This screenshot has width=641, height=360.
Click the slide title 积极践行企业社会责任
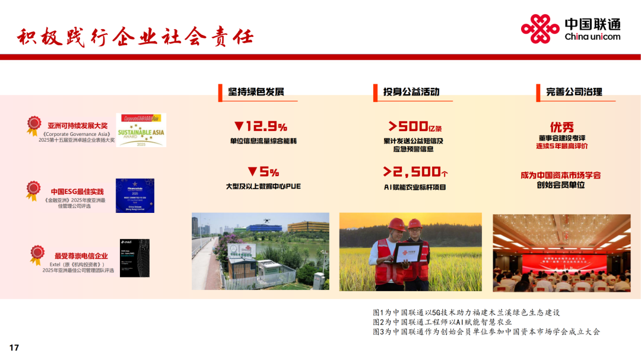(135, 37)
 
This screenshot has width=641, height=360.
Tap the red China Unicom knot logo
(540, 29)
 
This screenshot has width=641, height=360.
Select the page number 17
(14, 348)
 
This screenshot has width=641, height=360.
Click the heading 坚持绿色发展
(256, 91)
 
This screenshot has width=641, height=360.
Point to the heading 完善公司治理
(574, 91)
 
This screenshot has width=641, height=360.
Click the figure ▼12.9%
(261, 126)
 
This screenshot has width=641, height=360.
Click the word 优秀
(561, 127)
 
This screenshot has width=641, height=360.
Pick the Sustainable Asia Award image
(141, 130)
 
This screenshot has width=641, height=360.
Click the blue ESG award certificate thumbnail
(135, 196)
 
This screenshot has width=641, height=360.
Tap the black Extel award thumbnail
(134, 258)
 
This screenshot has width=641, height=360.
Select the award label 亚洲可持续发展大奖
(78, 126)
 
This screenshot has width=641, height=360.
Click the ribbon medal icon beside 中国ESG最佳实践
(33, 190)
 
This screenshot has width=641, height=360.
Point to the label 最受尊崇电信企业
(81, 256)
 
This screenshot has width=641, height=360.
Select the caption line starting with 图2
(442, 322)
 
